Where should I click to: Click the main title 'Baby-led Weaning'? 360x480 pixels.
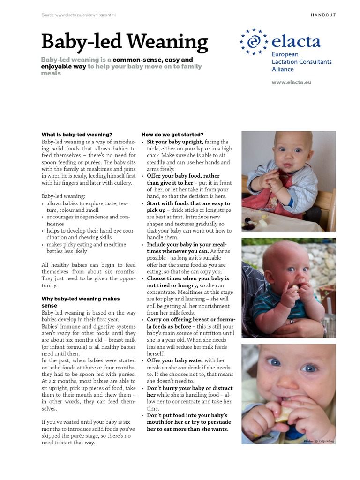click(124, 42)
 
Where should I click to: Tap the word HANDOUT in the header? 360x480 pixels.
click(323, 15)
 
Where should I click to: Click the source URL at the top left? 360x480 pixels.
click(78, 15)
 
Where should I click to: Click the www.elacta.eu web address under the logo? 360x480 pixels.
click(292, 82)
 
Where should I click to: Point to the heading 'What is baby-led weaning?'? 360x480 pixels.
click(77, 135)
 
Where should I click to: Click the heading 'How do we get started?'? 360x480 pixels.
click(172, 135)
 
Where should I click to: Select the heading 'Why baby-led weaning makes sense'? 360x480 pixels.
click(81, 302)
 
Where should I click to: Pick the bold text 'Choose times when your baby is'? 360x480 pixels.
click(188, 278)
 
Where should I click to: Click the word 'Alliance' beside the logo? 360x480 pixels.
click(283, 69)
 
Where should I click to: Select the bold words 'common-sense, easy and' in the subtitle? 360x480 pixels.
click(153, 60)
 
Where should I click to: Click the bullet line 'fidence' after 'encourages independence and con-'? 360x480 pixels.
click(55, 224)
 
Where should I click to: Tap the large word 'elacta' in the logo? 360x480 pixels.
click(296, 42)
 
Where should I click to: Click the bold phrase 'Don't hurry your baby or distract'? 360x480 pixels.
click(189, 388)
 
